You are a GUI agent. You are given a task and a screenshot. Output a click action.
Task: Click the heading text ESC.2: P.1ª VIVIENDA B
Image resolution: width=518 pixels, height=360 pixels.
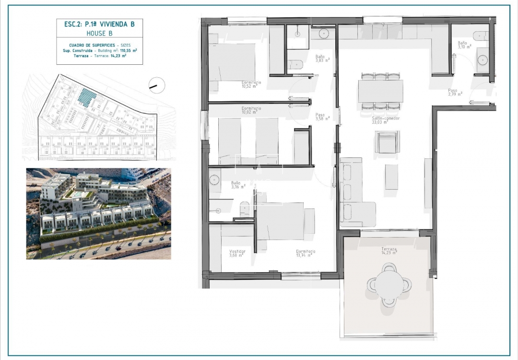click(99, 24)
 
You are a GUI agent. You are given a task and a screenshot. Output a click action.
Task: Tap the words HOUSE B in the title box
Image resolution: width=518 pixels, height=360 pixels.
click(99, 33)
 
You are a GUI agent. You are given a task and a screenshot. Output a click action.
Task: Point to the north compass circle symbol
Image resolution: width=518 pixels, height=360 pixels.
click(157, 85)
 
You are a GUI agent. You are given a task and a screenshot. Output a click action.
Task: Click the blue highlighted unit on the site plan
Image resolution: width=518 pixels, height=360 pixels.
click(87, 97)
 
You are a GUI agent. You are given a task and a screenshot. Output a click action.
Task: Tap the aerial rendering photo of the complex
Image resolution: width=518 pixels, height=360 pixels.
click(98, 214)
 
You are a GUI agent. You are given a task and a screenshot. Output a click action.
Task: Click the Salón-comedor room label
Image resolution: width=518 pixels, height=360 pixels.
click(386, 120)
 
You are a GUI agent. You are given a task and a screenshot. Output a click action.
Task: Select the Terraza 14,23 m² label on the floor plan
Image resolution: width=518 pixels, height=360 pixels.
click(389, 251)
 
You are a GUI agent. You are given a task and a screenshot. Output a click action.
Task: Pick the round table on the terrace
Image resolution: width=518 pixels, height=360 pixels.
click(389, 285)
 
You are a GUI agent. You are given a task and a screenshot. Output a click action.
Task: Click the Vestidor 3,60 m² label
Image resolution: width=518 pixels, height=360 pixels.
click(237, 253)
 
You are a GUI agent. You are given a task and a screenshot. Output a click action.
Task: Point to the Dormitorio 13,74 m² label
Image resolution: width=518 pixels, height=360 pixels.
click(305, 253)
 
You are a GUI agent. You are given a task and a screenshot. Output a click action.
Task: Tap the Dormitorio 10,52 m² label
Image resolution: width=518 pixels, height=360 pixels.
click(251, 84)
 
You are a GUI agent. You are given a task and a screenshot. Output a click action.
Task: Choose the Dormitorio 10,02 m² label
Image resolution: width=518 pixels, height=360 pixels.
click(251, 110)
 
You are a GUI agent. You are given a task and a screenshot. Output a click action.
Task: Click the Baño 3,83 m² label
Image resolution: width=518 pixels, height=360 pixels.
click(322, 59)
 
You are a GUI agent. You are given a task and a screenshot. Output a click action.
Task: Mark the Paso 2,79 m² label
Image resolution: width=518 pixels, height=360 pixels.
click(455, 92)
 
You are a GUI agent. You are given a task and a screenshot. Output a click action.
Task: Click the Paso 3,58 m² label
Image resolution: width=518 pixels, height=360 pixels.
click(322, 117)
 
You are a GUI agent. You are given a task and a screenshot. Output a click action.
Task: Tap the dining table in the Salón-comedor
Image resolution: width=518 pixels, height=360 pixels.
click(380, 91)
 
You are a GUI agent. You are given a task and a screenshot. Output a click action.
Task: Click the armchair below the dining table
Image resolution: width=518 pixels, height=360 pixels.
click(386, 143)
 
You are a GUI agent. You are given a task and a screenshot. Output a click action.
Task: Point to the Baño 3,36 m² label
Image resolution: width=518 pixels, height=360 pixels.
click(237, 185)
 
